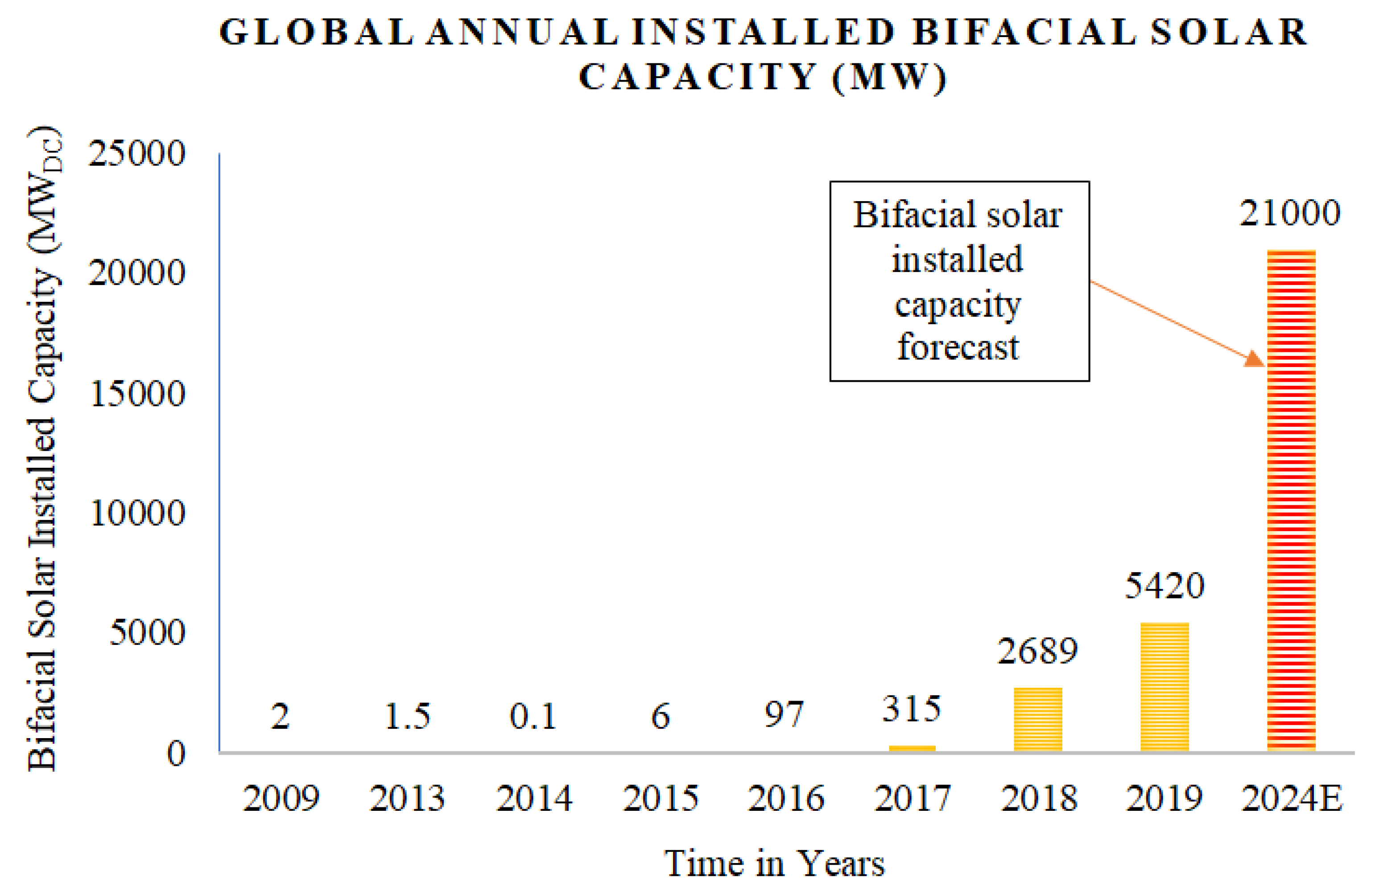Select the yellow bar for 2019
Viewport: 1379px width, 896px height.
point(1164,687)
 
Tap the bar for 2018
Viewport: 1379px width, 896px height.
point(1038,719)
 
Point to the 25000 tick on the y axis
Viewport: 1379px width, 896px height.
point(137,153)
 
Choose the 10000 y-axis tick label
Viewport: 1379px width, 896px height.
point(137,512)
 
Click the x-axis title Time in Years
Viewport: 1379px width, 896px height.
point(774,863)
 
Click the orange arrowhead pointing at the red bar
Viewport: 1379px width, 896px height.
point(1255,359)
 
